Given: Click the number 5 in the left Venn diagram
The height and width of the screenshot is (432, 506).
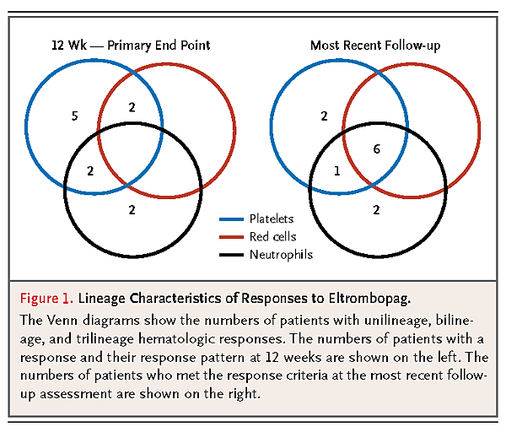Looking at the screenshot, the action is (x=74, y=116).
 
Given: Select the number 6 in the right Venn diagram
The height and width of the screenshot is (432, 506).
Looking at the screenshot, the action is (x=377, y=148).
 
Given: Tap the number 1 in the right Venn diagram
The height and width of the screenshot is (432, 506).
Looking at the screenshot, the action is (x=336, y=170).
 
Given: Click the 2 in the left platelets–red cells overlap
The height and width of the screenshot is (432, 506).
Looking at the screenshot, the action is (x=132, y=107).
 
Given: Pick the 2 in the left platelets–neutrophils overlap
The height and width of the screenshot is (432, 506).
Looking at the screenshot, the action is (x=90, y=170).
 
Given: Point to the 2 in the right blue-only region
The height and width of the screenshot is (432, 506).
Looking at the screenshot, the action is (x=325, y=116).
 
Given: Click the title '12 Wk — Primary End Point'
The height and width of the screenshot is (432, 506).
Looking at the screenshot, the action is (x=131, y=46).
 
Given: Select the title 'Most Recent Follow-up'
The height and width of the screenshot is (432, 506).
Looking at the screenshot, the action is (x=375, y=46).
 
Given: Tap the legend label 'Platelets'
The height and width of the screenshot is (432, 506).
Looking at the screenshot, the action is (x=272, y=219).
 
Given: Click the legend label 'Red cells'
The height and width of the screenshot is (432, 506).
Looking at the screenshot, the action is (x=272, y=236).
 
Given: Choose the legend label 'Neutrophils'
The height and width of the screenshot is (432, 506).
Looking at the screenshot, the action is (x=281, y=255).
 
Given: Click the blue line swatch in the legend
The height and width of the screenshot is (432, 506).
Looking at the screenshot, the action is (x=231, y=219).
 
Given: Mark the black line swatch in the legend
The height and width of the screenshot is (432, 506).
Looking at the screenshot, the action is (x=231, y=255).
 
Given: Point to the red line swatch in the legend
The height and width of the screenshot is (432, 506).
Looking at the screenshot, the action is (x=231, y=237).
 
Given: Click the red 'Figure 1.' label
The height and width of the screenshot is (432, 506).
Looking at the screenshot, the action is (x=46, y=299).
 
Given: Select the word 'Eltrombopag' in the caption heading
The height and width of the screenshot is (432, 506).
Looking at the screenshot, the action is (x=369, y=299).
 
